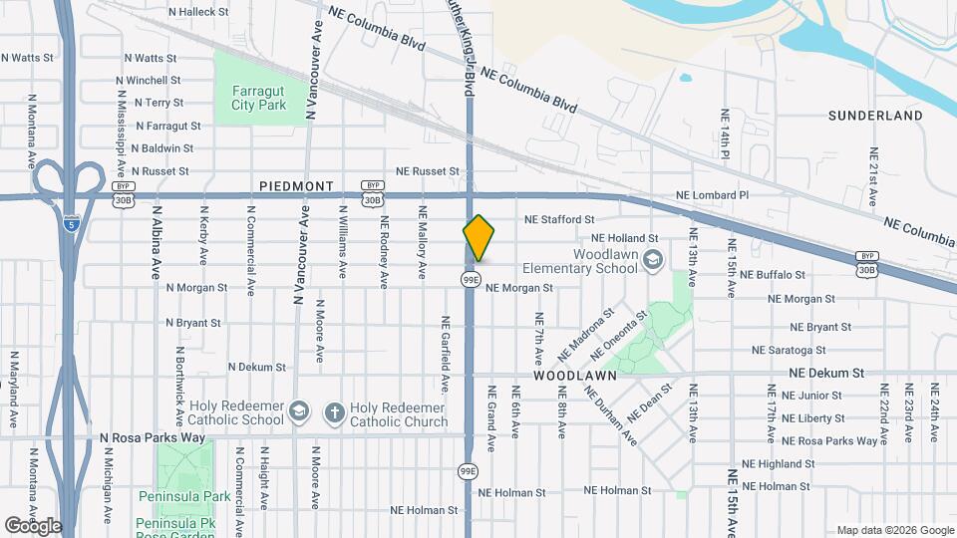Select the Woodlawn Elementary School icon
[653, 260]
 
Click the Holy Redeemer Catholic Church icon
[335, 411]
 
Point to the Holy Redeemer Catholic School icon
[298, 411]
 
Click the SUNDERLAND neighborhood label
[875, 116]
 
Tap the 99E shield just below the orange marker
[471, 280]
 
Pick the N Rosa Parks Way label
[152, 437]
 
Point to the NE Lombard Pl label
[712, 195]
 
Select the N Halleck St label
[198, 12]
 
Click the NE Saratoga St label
[789, 350]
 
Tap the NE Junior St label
[806, 396]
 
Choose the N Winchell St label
[148, 80]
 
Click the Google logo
[33, 526]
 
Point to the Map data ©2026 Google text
[895, 530]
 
